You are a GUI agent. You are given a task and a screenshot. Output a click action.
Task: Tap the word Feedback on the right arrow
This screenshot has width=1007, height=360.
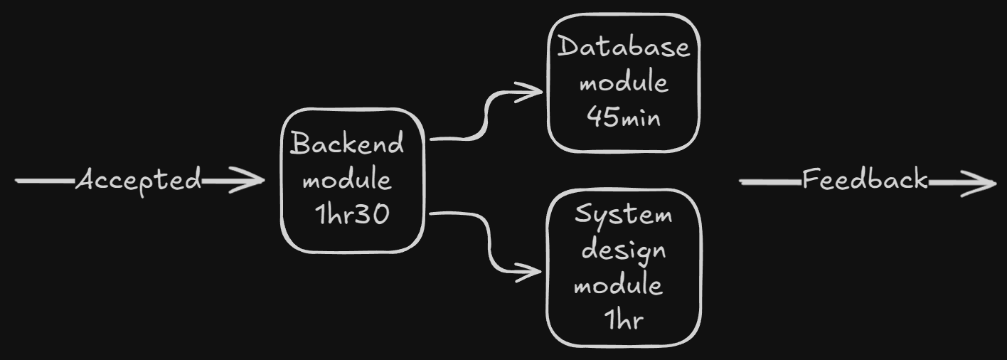point(865,180)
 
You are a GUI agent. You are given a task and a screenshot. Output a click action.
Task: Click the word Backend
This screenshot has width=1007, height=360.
point(348,144)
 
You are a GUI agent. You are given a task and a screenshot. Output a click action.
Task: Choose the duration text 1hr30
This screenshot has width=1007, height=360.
point(353,214)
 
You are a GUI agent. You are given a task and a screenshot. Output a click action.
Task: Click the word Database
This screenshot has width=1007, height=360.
point(624,48)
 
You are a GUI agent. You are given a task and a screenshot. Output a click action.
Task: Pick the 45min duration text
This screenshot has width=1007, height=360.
point(624,117)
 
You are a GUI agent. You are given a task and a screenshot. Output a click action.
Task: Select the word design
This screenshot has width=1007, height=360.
point(623,251)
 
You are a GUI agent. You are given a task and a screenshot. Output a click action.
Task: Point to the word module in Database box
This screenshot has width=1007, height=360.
point(624,83)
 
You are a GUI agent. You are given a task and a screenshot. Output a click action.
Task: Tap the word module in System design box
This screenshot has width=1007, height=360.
point(618,285)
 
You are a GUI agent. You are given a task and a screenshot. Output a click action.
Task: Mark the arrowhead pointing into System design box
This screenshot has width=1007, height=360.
point(533,271)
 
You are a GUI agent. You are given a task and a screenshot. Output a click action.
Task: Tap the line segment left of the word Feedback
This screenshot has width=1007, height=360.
point(771,182)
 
